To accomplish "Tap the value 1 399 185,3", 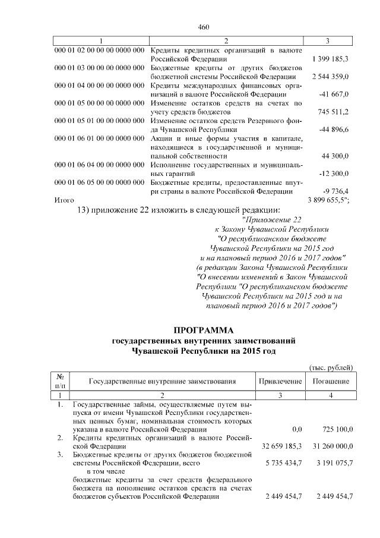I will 330,59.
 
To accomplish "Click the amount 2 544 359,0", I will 330,77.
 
